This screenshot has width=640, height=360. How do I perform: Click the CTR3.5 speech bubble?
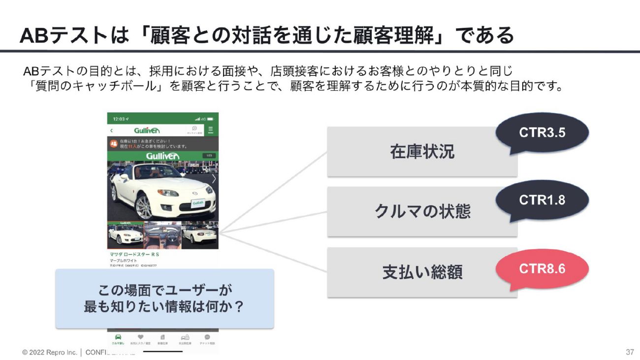542,132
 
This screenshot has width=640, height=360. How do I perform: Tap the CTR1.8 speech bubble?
542,200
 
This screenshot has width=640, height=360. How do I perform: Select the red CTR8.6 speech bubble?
542,269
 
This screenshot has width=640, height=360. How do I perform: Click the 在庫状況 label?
422,152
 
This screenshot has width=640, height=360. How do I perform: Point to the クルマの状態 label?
422,211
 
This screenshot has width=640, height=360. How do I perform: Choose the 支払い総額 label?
422,272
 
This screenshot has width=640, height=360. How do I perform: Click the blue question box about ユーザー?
164,298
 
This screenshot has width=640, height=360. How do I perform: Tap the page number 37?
630,352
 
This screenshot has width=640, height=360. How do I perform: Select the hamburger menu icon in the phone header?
210,130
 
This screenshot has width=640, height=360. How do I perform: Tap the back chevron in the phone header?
111,131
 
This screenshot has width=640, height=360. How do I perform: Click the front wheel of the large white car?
143,206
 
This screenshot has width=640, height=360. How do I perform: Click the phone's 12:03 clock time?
119,119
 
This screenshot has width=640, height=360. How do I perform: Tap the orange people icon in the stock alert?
113,144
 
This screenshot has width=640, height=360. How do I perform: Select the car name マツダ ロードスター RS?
134,254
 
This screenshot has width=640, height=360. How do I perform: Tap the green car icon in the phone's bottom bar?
118,337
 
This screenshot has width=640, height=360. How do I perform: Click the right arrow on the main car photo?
214,179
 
